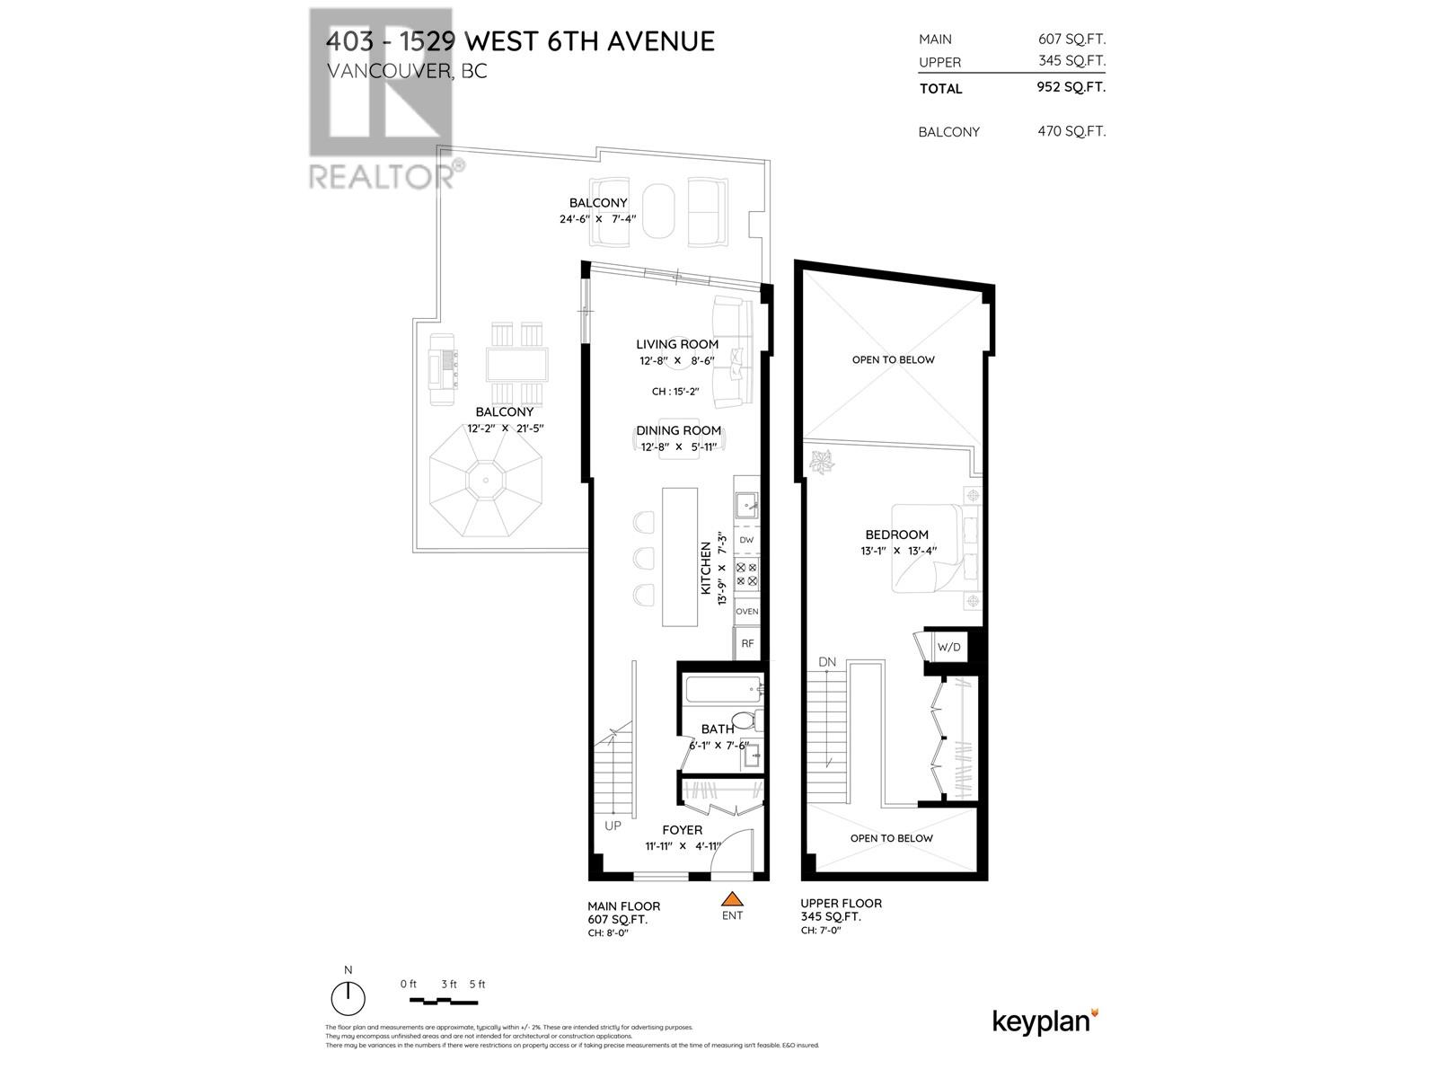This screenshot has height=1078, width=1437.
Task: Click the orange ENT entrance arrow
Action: (733, 897)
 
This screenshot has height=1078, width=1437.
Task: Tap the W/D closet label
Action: (948, 647)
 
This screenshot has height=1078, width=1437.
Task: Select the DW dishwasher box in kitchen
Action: (746, 540)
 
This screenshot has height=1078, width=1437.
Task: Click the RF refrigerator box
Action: (746, 643)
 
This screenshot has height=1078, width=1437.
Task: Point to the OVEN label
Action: (746, 611)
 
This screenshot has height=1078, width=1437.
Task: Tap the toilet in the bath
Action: (744, 720)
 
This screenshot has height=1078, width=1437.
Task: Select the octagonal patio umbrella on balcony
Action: (486, 490)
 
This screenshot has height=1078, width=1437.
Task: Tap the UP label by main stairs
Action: (613, 825)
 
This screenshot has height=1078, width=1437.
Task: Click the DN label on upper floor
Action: (827, 662)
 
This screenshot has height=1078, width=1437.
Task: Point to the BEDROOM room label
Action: (896, 535)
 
